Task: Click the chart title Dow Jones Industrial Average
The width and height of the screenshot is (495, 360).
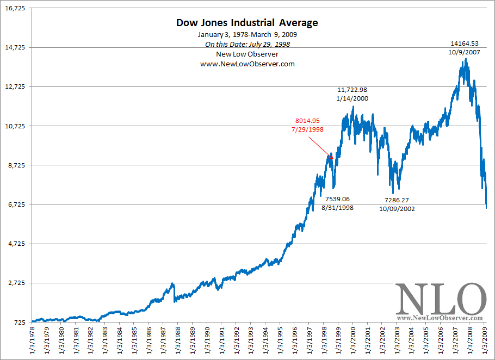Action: click(247, 23)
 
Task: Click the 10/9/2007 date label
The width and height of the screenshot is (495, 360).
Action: click(464, 52)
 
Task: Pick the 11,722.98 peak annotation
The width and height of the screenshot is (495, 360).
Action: click(352, 90)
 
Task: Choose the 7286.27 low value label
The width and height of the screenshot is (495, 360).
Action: click(399, 200)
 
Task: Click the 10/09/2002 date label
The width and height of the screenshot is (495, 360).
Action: click(399, 208)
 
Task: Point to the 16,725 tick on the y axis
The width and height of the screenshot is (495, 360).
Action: click(15, 9)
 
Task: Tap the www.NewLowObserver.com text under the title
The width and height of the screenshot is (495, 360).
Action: click(247, 64)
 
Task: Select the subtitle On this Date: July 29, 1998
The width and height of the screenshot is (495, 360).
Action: click(247, 45)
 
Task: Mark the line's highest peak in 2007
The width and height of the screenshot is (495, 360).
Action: click(466, 59)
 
